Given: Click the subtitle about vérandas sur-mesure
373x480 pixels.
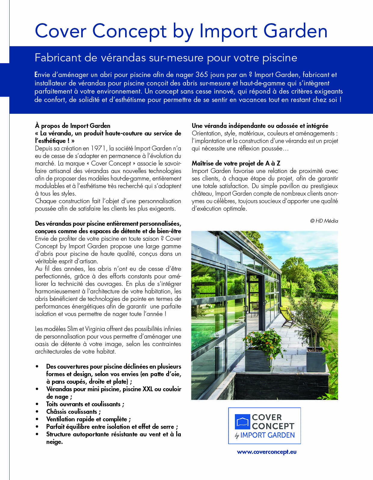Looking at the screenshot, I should coord(166,57).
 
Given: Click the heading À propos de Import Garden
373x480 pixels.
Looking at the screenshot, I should coord(73,126).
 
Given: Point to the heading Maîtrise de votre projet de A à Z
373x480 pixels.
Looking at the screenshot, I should coord(236,163).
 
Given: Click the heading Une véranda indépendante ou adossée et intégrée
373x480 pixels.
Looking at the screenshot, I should coord(260,126).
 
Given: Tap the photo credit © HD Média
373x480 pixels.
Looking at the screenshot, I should coord(324,221).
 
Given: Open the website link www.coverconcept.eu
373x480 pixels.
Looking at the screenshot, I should coord(267,452).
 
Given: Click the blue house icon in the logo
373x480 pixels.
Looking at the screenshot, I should coord(242,422).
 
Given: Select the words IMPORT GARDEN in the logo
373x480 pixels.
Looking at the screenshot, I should coord(267,435).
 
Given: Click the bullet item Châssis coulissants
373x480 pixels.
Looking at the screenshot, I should coord(73,412).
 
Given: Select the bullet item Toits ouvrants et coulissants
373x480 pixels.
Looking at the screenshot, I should coord(85,404).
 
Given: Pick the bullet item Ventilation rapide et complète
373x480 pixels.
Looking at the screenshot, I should coord(88,419).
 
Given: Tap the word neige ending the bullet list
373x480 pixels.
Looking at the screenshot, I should coord(54,442).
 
